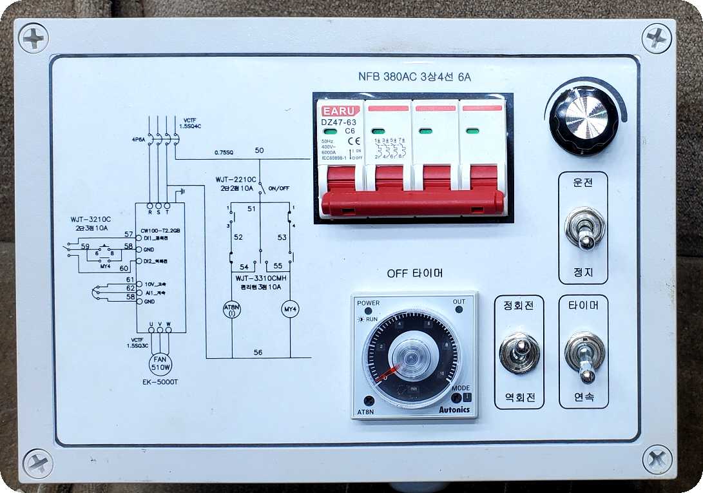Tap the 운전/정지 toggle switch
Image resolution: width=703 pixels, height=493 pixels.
(x=584, y=229)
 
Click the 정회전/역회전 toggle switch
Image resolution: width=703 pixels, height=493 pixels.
(x=520, y=353)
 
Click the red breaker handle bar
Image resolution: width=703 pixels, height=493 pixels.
(x=412, y=202)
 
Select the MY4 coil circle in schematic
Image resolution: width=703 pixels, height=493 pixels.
(x=290, y=309)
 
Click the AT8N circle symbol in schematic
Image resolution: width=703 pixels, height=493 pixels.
(x=231, y=309)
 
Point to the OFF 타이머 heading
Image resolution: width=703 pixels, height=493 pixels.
(x=414, y=273)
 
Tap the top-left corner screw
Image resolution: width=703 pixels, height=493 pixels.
(x=34, y=37)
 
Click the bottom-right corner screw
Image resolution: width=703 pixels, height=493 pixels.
(x=657, y=459)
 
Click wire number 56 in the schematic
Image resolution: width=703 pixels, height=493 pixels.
(x=258, y=352)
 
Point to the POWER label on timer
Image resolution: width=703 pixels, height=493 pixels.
(x=368, y=303)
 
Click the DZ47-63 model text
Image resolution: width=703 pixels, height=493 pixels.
(x=338, y=122)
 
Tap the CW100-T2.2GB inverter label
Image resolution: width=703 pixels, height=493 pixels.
(x=160, y=229)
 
